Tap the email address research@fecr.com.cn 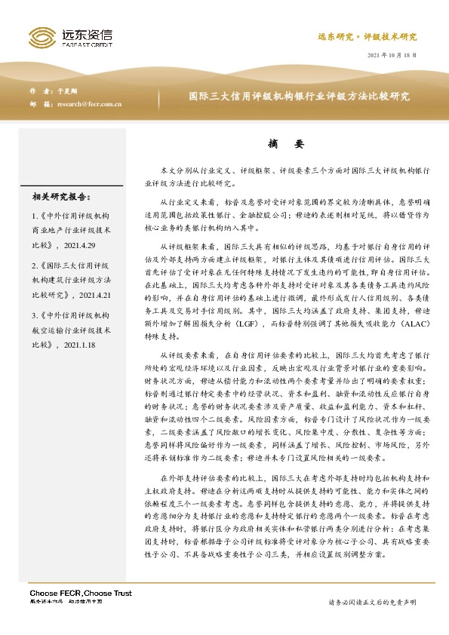pos(89,104)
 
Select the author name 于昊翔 pos(68,90)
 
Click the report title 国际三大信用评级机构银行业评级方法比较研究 pos(299,97)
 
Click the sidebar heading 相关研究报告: pos(61,197)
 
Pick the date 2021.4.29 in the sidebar pos(83,245)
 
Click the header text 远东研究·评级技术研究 pos(366,36)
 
